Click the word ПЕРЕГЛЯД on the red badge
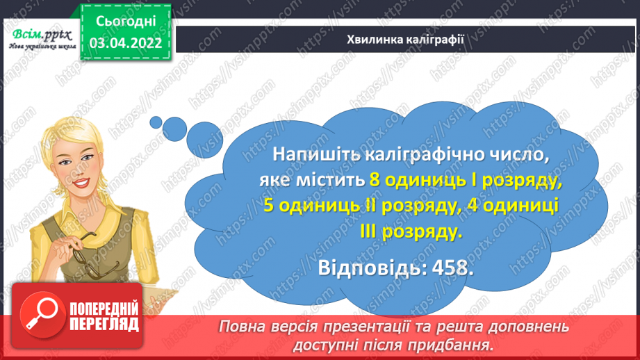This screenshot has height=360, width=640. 103,324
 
